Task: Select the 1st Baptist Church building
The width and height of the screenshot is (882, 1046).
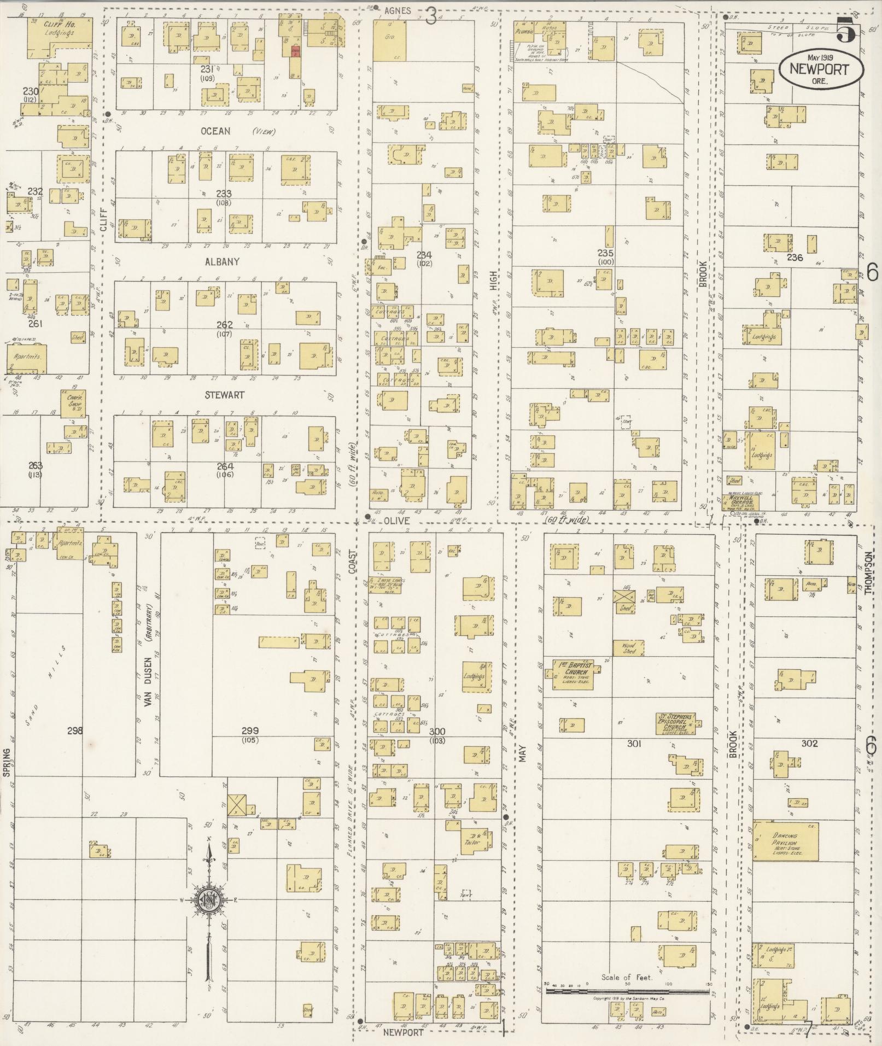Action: pyautogui.click(x=573, y=675)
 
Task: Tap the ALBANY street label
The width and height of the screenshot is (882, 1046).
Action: pyautogui.click(x=222, y=262)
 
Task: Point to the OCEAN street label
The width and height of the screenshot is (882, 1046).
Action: pyautogui.click(x=215, y=131)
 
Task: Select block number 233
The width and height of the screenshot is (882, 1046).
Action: pyautogui.click(x=224, y=194)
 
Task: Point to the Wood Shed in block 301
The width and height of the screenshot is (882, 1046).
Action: pyautogui.click(x=628, y=648)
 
